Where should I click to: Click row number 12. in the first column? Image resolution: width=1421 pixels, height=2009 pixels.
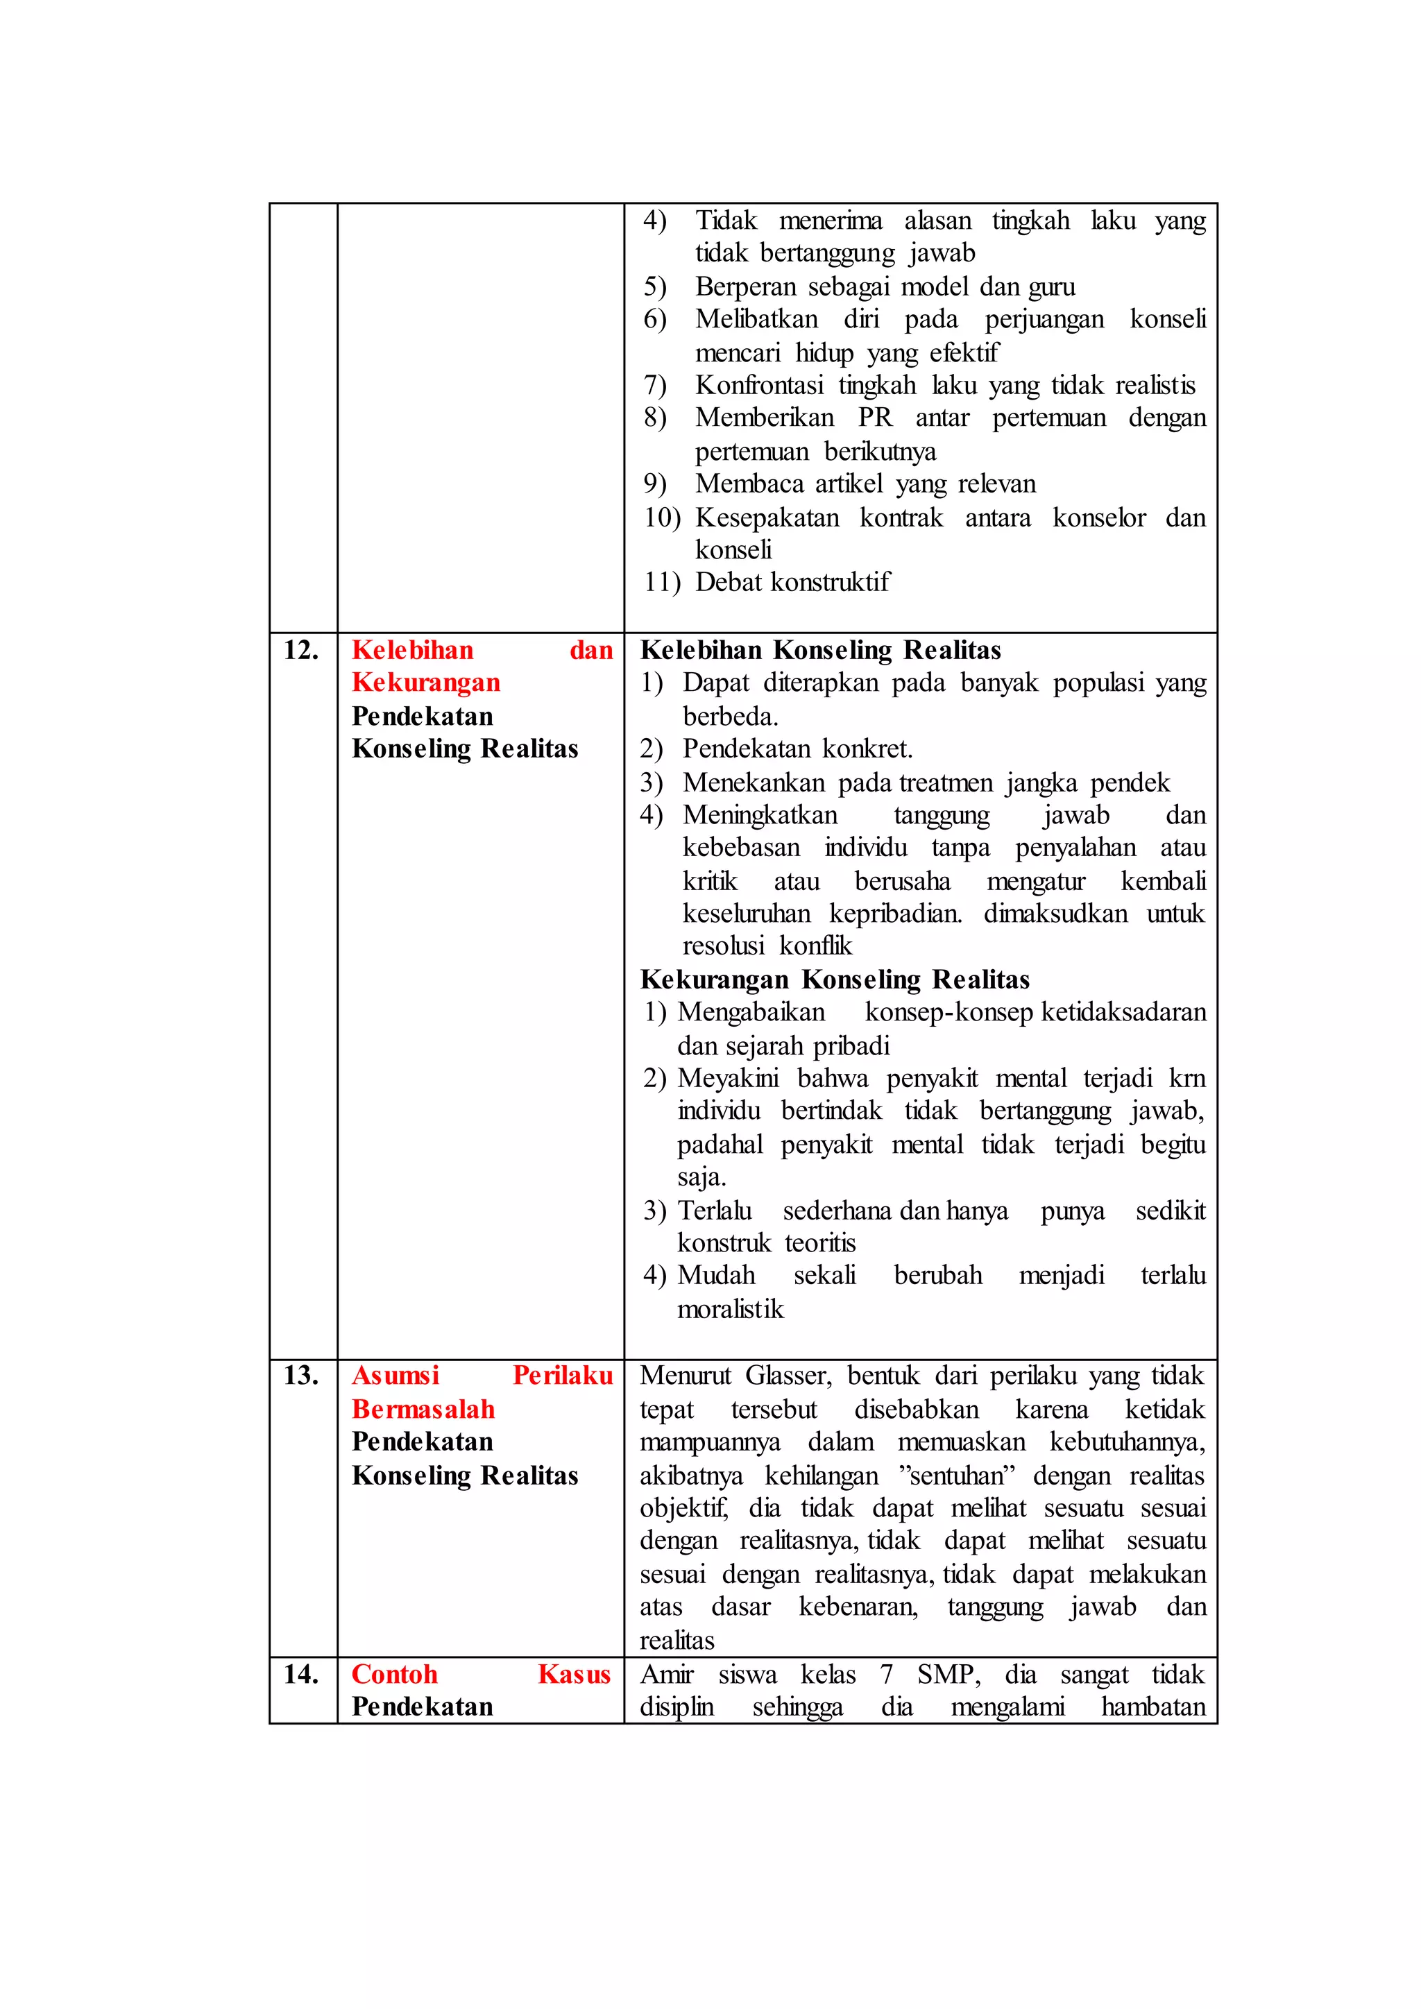click(x=301, y=650)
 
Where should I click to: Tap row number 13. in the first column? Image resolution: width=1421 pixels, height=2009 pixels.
click(x=301, y=1376)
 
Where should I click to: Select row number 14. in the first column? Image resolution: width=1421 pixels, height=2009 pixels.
click(x=301, y=1674)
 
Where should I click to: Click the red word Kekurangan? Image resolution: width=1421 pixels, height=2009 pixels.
click(x=426, y=683)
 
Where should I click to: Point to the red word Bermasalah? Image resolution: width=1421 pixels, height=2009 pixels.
click(x=423, y=1409)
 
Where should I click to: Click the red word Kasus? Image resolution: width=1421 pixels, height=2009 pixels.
click(x=574, y=1674)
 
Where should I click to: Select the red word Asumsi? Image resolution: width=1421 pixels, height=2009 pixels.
click(x=395, y=1376)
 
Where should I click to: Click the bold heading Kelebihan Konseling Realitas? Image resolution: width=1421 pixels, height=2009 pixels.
click(x=820, y=650)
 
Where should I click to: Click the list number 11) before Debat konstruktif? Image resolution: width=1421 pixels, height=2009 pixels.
click(x=663, y=582)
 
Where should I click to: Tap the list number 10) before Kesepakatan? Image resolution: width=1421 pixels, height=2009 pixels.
click(x=663, y=517)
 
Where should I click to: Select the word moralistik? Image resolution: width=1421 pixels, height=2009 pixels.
click(x=731, y=1309)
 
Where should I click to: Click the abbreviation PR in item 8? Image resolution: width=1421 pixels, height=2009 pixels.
click(x=875, y=418)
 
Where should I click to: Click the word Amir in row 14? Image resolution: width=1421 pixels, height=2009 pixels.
click(x=667, y=1674)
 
